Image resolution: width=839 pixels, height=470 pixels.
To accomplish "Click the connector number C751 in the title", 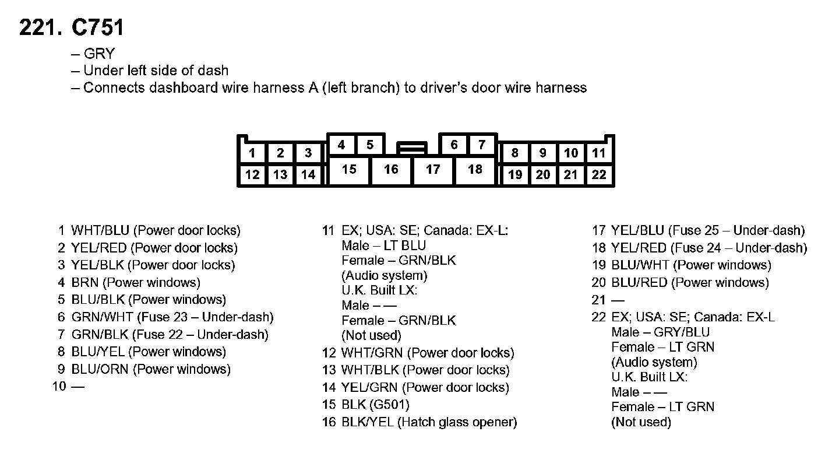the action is click(x=97, y=27).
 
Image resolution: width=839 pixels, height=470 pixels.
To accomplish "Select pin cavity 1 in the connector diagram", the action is click(x=252, y=153).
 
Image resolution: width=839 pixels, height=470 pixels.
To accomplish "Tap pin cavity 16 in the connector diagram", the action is click(x=391, y=169).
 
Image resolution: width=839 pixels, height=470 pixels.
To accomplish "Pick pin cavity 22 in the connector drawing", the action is click(x=599, y=174).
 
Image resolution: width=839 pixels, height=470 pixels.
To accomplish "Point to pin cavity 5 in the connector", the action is click(x=369, y=145).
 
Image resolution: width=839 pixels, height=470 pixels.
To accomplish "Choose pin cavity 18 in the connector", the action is click(x=475, y=169).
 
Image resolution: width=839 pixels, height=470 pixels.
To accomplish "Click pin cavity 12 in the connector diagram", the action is click(x=252, y=174).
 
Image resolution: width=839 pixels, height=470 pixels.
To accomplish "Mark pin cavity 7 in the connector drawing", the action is click(x=482, y=145).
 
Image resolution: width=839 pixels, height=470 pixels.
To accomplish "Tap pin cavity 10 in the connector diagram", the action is click(x=571, y=153).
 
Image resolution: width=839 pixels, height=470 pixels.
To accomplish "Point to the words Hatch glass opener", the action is click(x=457, y=422).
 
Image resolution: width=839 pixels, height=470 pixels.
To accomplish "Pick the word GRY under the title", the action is click(x=99, y=54).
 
